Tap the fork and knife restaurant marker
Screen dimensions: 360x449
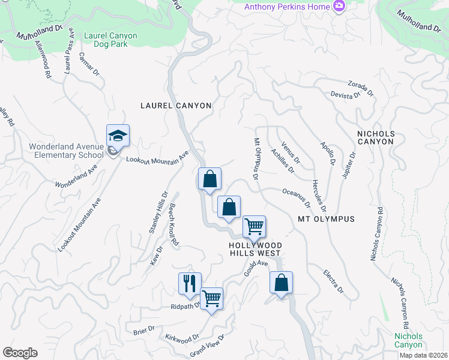pyautogui.click(x=190, y=284)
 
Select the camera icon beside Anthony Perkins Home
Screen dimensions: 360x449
pyautogui.click(x=340, y=7)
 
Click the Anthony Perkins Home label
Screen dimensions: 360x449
pyautogui.click(x=287, y=7)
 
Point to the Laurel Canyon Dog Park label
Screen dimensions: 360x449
pyautogui.click(x=111, y=40)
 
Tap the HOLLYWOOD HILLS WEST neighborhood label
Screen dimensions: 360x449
pyautogui.click(x=255, y=249)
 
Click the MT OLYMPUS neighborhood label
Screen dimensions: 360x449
pyautogui.click(x=326, y=219)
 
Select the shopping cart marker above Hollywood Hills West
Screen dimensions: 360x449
pyautogui.click(x=255, y=227)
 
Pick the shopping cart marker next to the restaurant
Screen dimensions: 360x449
pyautogui.click(x=212, y=298)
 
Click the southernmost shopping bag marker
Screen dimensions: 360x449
pyautogui.click(x=282, y=283)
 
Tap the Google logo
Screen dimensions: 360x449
pyautogui.click(x=20, y=353)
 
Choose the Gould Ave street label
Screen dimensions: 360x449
pyautogui.click(x=255, y=268)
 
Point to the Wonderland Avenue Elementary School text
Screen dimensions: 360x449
pyautogui.click(x=66, y=151)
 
